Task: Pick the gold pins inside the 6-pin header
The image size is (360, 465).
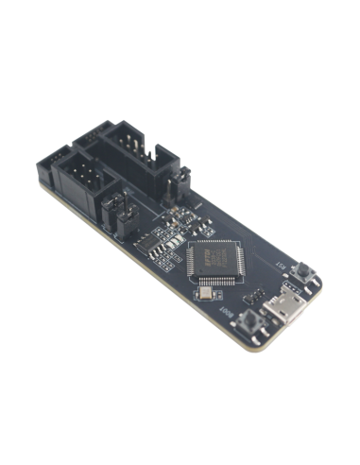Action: [x=86, y=174]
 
